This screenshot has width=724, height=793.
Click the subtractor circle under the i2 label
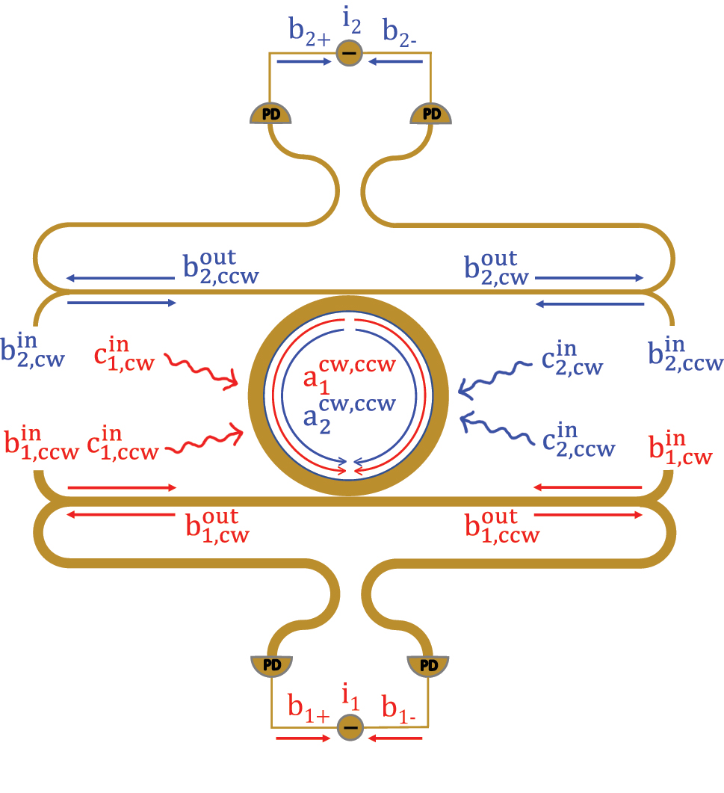(x=348, y=53)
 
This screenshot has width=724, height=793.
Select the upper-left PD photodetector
(x=269, y=113)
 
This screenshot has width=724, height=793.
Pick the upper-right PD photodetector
(x=432, y=113)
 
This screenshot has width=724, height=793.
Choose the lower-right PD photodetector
(x=428, y=663)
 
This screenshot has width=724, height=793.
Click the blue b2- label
(x=400, y=32)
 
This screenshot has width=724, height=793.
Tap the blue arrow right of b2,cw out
(x=588, y=278)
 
